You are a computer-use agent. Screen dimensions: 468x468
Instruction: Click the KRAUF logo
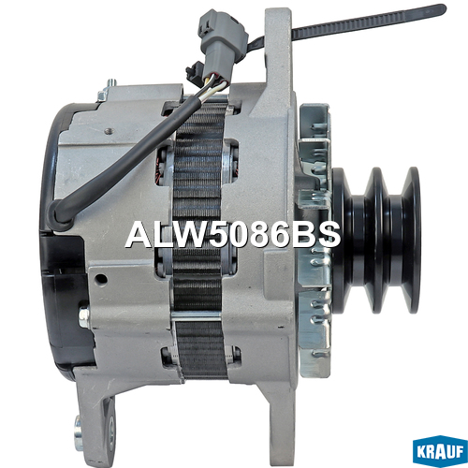click(440, 450)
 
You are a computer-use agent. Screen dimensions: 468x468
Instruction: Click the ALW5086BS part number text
click(233, 235)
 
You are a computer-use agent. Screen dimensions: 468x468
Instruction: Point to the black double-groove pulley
click(377, 241)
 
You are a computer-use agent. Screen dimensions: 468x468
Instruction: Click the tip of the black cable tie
click(444, 8)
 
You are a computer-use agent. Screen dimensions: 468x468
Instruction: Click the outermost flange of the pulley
click(411, 241)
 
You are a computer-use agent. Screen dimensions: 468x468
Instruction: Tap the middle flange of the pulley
click(377, 241)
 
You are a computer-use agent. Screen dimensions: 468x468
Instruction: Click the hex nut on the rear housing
click(84, 317)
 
